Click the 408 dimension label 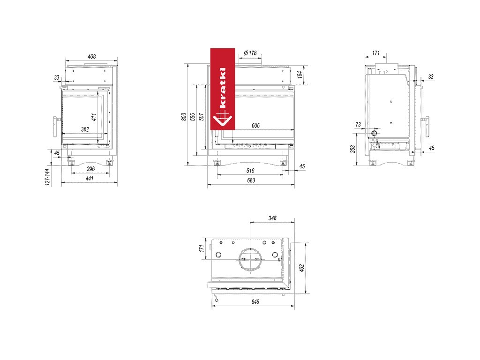coord(91,57)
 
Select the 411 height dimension coord(94,117)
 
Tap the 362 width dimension coord(85,129)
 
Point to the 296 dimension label coord(90,169)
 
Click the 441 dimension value coord(90,179)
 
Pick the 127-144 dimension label coord(47,177)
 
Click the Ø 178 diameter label coord(250,53)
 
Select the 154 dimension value coord(300,75)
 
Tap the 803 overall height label coord(184,117)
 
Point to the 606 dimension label coord(255,126)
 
